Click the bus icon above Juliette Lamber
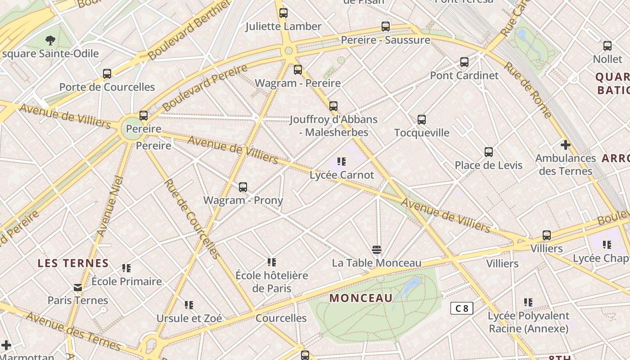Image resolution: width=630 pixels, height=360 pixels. click(283, 13)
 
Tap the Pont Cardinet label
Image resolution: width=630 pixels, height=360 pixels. click(464, 75)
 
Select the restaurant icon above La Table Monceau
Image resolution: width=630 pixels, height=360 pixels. click(377, 250)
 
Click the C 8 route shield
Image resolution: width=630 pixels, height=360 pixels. click(462, 308)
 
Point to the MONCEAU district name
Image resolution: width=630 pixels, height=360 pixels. click(361, 298)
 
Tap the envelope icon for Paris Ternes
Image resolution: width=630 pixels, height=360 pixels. click(78, 287)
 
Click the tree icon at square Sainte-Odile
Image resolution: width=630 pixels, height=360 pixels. click(50, 40)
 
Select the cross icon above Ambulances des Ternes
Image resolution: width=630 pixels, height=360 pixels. click(565, 145)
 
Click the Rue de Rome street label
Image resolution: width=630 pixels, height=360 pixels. click(527, 90)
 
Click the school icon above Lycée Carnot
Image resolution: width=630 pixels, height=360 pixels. click(342, 161)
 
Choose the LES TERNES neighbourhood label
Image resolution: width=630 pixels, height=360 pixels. click(73, 263)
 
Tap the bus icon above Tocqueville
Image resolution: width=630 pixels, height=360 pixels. click(421, 120)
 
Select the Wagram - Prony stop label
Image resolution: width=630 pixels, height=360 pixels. click(243, 200)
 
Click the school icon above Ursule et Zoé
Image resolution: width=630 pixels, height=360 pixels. click(189, 305)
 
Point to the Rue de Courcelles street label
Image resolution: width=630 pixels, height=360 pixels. click(192, 219)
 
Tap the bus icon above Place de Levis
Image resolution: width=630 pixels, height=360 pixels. click(489, 152)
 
